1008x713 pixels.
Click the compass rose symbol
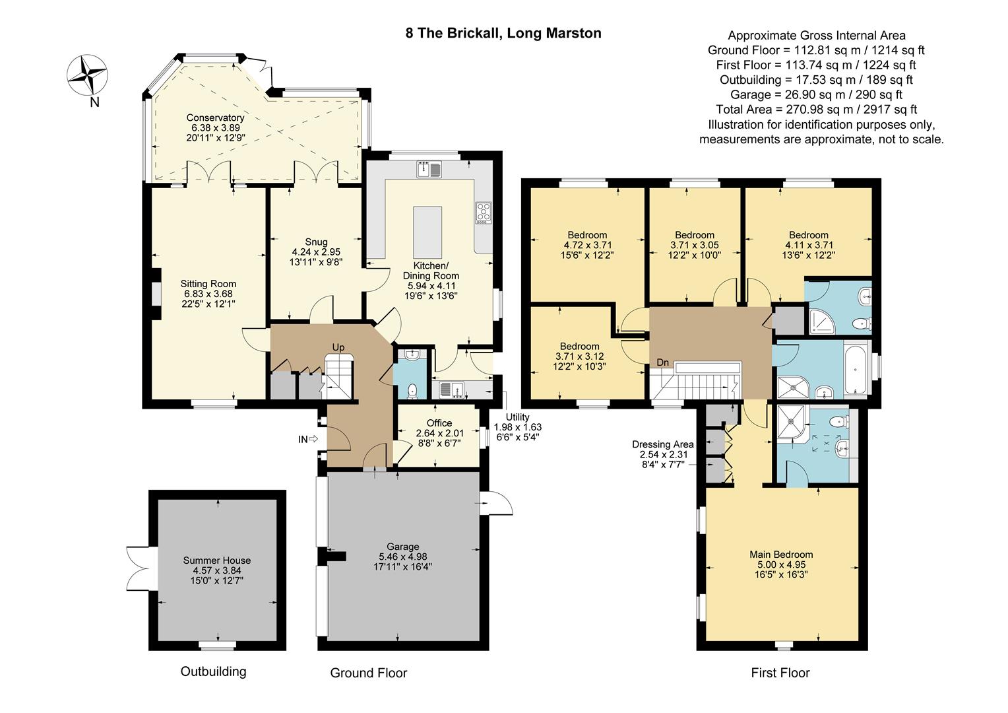pos(87,75)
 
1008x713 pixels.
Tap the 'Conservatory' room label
pos(215,118)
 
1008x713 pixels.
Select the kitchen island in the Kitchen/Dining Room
pos(427,232)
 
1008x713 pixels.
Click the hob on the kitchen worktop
pos(484,212)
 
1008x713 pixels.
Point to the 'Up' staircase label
pos(338,347)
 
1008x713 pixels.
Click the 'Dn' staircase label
pos(662,362)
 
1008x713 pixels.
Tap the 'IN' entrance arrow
pos(308,439)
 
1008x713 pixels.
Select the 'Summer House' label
pos(217,560)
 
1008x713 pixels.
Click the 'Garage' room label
pos(402,547)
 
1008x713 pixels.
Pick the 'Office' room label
pos(439,423)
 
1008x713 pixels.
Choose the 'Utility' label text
pos(517,417)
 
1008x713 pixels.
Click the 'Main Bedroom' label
pos(781,555)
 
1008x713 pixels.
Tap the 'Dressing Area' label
pos(663,444)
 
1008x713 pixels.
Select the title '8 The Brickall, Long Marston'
pos(503,33)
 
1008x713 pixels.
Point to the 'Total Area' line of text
pos(817,110)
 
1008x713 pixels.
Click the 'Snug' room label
pos(316,242)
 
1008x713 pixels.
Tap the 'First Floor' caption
pos(780,673)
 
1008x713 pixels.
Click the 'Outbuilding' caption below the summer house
pos(213,671)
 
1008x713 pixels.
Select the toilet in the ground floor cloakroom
pos(412,391)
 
